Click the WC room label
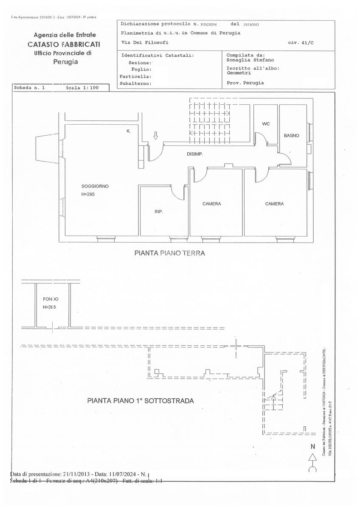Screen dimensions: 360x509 coord(266,124)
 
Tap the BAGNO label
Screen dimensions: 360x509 coord(292,136)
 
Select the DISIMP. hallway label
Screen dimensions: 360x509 coord(195,154)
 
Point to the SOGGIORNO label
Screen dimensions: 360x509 coord(95,186)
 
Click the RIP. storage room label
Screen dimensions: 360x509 coord(159,211)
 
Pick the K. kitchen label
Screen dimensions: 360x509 coord(129,131)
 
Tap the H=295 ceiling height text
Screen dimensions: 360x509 coord(90,194)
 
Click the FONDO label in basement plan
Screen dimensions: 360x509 coord(51,299)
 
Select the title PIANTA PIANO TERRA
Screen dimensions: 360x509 coord(170,253)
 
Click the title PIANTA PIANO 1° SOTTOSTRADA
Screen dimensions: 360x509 coord(141,400)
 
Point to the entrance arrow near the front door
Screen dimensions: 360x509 coord(155,136)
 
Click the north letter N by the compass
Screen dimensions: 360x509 coord(313,447)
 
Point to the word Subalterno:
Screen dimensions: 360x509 coord(136,84)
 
